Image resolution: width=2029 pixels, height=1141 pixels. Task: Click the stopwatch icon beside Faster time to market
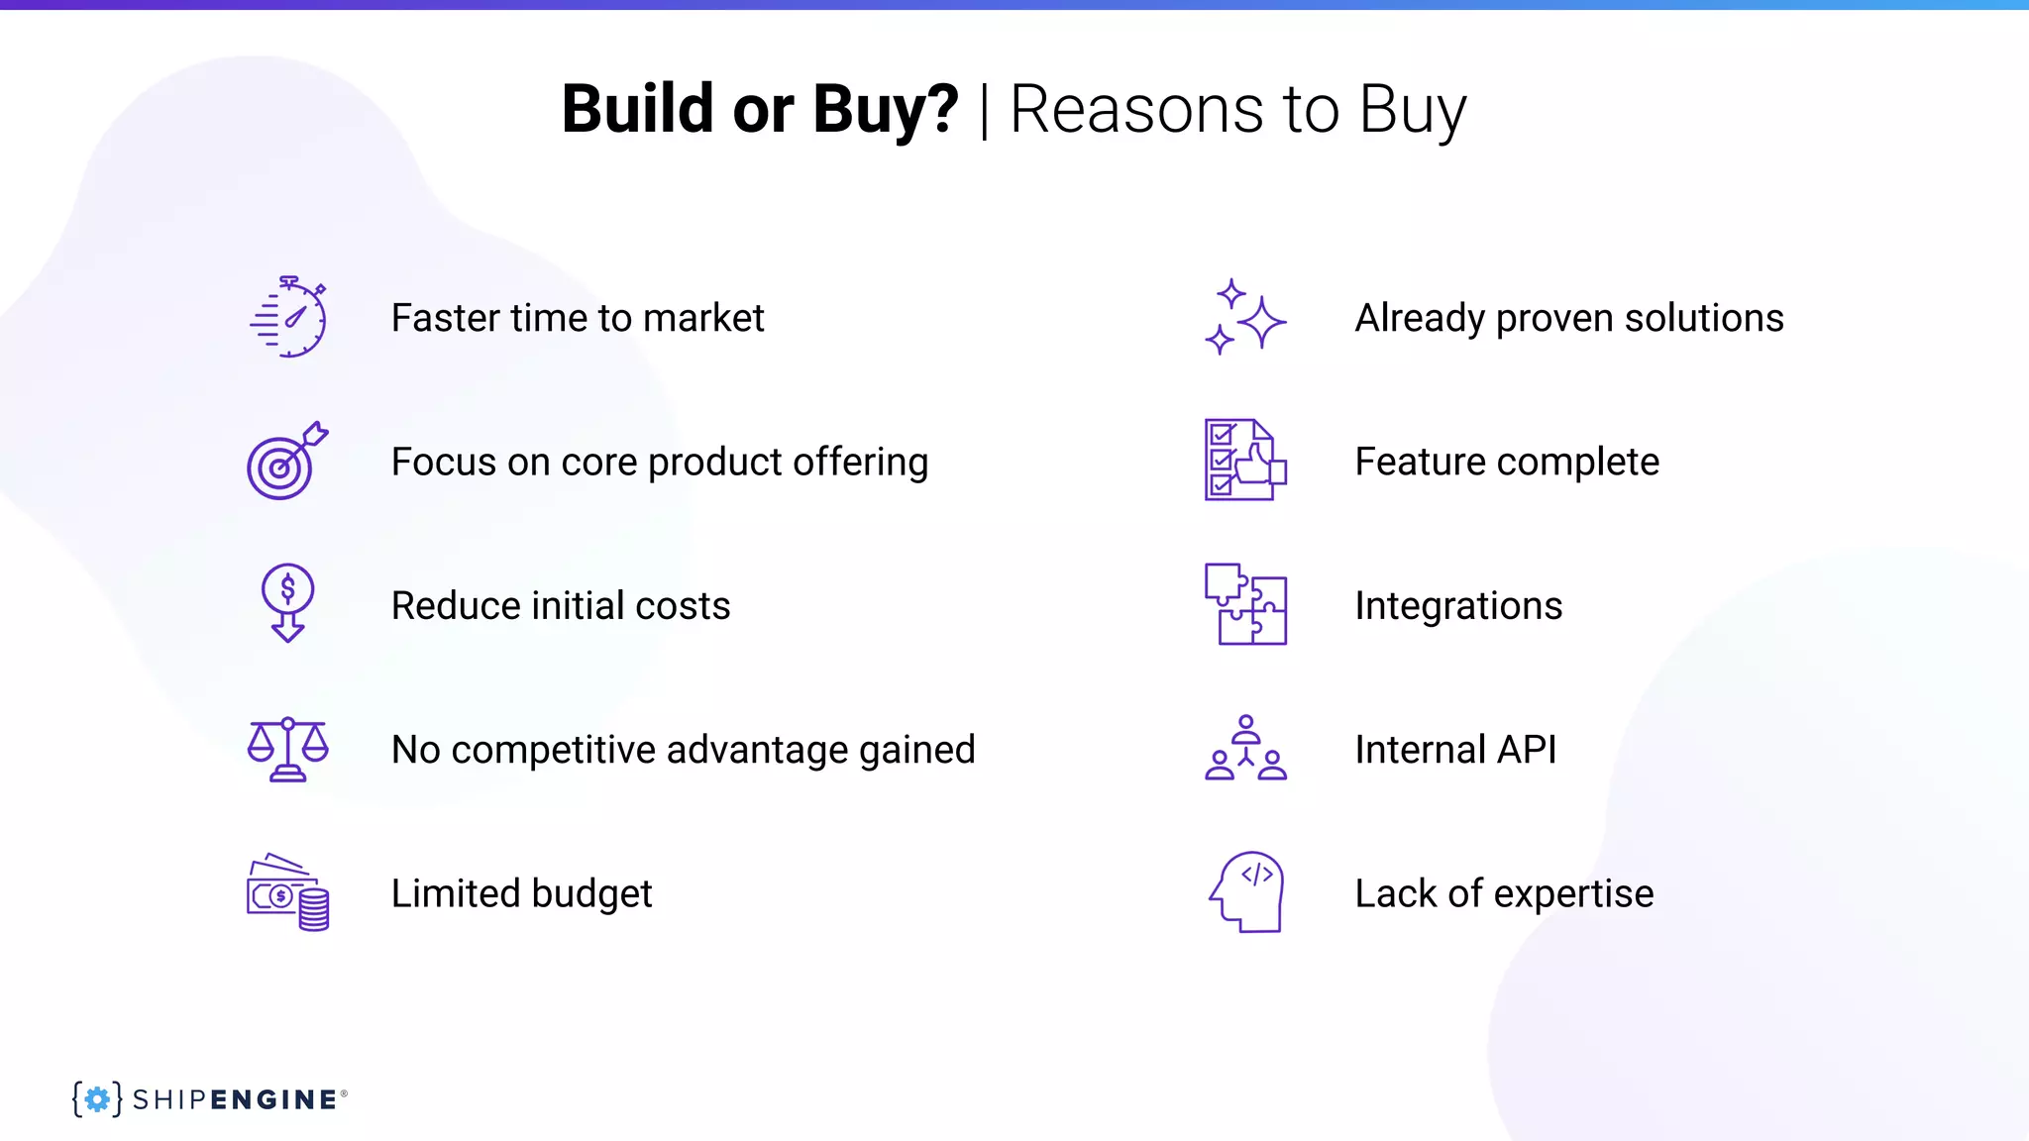point(288,317)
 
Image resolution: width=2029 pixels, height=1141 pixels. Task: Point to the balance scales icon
point(287,749)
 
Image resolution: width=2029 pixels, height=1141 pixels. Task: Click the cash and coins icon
point(287,892)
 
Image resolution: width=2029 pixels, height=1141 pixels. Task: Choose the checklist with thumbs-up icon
point(1245,461)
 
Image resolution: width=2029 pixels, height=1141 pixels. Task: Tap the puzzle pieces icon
point(1245,604)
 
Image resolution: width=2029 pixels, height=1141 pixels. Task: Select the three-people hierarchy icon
point(1245,749)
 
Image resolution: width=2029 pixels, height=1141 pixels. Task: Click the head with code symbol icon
point(1247,892)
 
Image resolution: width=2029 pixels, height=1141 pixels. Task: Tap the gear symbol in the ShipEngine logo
point(97,1099)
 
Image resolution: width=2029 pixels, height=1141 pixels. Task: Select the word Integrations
point(1458,606)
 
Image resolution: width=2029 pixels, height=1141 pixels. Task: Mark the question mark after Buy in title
point(941,109)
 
